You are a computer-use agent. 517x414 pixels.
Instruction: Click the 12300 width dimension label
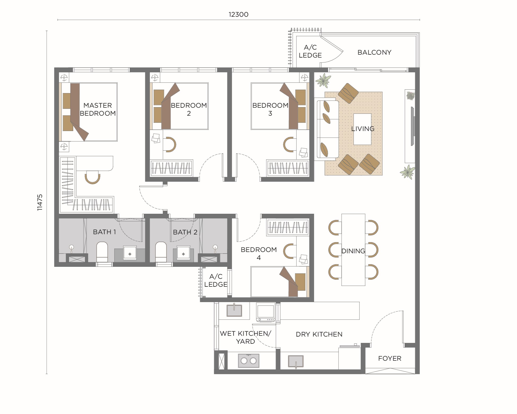(x=238, y=14)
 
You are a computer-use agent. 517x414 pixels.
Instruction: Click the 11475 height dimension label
(x=40, y=202)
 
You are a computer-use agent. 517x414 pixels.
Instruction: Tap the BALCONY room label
(x=374, y=52)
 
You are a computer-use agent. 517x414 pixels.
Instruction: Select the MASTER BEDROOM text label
(x=97, y=109)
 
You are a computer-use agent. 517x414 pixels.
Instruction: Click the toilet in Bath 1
(x=102, y=252)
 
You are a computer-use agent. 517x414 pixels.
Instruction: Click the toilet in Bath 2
(x=161, y=252)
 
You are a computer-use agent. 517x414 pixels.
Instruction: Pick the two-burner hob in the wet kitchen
(x=248, y=360)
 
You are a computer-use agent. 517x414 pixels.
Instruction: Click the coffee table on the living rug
(x=362, y=129)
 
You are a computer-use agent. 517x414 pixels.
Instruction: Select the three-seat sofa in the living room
(x=326, y=129)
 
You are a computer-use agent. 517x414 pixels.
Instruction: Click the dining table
(x=353, y=250)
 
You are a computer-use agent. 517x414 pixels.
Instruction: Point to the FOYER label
(x=390, y=358)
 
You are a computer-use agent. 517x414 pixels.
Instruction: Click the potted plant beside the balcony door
(x=323, y=80)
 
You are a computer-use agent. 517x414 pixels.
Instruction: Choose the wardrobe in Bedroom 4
(x=288, y=227)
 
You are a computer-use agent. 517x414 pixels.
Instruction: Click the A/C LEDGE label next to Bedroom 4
(x=216, y=280)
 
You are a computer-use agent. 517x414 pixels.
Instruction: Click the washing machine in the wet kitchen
(x=265, y=312)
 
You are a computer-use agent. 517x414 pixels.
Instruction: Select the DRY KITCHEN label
(x=319, y=334)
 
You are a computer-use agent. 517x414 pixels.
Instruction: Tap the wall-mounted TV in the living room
(x=412, y=126)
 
